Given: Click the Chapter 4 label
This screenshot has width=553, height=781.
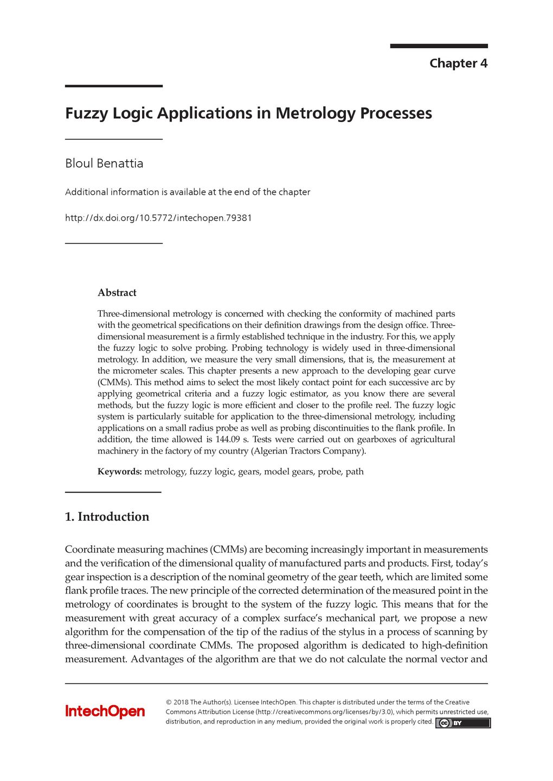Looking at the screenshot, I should (x=458, y=63).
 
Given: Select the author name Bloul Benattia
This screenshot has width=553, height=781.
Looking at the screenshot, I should (x=104, y=163).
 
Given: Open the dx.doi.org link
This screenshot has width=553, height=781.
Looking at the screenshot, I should (x=158, y=218).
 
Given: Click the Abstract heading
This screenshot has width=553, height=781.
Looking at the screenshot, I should (x=117, y=293).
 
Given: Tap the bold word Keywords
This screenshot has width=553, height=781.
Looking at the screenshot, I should (x=119, y=472).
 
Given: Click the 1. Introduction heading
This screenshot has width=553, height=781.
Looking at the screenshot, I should (x=107, y=517).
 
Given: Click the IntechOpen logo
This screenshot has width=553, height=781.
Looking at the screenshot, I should (x=105, y=712).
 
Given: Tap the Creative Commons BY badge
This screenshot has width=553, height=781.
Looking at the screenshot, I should (x=462, y=723).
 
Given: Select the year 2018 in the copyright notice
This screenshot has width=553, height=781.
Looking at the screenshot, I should (x=181, y=702).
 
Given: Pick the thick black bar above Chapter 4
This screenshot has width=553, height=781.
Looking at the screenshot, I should (x=439, y=46).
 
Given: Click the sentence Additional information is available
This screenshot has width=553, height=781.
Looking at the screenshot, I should (x=188, y=192).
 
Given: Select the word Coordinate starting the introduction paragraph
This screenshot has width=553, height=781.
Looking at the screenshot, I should (x=89, y=549).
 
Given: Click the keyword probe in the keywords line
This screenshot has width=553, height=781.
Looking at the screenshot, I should (x=329, y=472).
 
